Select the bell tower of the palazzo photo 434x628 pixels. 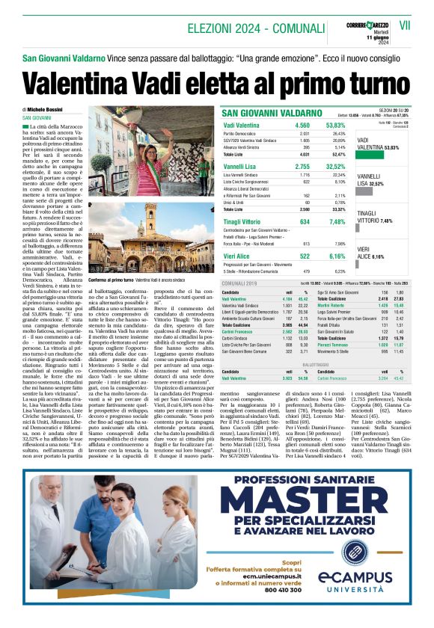[150, 223]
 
